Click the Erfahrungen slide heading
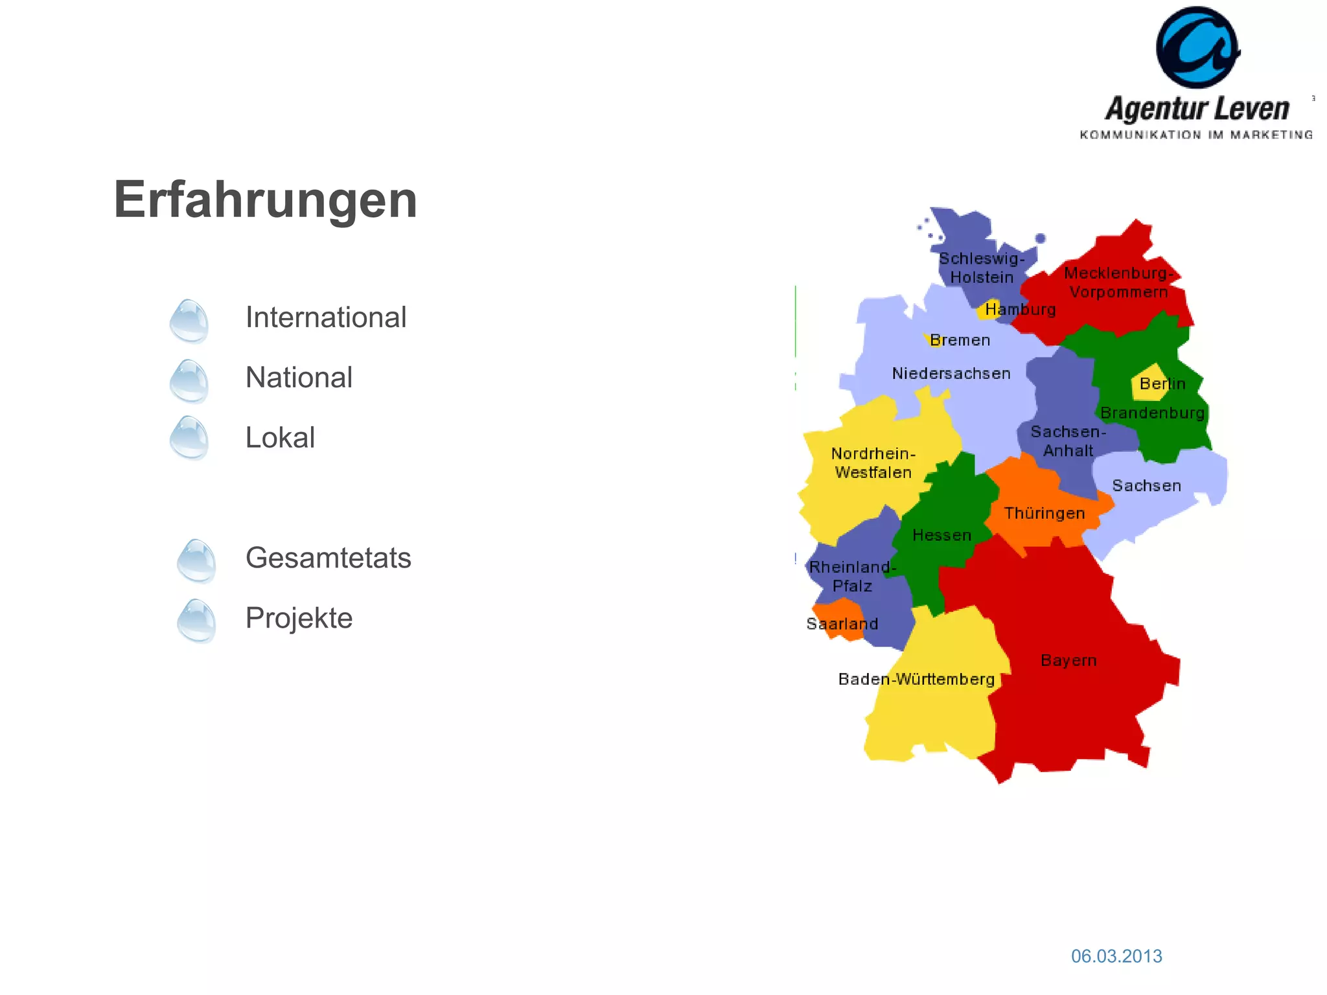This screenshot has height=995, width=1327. tap(265, 200)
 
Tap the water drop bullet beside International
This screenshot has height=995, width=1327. tap(189, 321)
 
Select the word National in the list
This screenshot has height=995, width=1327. tap(299, 378)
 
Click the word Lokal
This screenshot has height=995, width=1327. tap(280, 438)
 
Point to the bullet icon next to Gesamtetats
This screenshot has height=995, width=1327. tap(196, 561)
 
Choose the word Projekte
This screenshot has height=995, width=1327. tap(299, 618)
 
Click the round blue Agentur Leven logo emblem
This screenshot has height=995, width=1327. tap(1197, 48)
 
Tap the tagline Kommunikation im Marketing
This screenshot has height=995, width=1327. tap(1196, 135)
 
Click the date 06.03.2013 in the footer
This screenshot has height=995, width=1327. tap(1116, 956)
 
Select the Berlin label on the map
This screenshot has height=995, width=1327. tap(1162, 384)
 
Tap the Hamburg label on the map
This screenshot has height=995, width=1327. tap(1021, 310)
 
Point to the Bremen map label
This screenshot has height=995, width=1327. tap(960, 341)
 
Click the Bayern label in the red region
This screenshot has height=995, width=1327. tap(1068, 661)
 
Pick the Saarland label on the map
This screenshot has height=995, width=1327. tap(842, 624)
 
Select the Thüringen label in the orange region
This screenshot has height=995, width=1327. tap(1044, 514)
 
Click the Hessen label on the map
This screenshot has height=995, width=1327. tap(941, 536)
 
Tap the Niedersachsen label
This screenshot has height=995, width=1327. tap(951, 374)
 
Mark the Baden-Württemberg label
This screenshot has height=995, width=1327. tap(916, 680)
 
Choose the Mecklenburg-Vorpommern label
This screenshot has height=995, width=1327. tap(1118, 282)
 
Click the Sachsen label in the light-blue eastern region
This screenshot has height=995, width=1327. tap(1146, 486)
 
